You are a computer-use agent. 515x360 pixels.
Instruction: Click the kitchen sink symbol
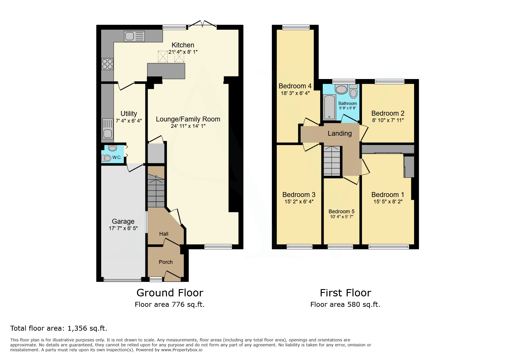tap(134, 37)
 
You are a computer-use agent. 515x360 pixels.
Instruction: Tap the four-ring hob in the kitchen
tap(107, 64)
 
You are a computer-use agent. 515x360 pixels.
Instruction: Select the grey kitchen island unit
tap(166, 71)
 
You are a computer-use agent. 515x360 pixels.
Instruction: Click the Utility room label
tap(129, 114)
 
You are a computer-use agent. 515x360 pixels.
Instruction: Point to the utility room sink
tap(108, 128)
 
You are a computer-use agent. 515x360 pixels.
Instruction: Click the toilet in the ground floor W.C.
tap(106, 158)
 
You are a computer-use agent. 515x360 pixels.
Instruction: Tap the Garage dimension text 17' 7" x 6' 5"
tap(123, 228)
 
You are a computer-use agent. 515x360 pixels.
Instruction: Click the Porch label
tap(166, 262)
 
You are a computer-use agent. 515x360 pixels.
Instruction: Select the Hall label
tap(164, 234)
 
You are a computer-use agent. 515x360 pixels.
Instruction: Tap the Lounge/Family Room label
tap(188, 119)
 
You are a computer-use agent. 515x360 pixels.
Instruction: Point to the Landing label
tap(340, 133)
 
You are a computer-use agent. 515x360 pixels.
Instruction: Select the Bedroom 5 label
tap(341, 212)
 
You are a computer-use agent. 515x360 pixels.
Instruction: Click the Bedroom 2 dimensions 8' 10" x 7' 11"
tap(388, 120)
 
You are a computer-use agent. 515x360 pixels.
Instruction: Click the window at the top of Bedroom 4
tap(296, 27)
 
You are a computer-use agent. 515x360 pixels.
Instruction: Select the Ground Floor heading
tap(170, 293)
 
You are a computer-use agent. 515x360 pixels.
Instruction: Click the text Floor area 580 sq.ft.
tap(345, 305)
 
